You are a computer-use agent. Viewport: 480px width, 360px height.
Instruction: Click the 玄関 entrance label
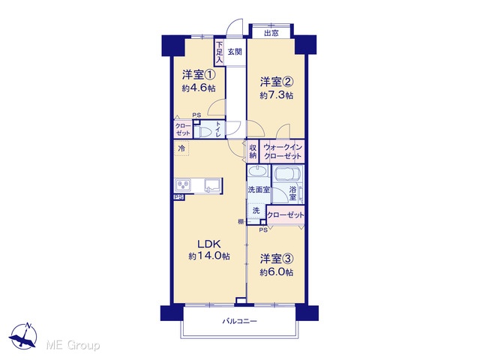click(x=235, y=52)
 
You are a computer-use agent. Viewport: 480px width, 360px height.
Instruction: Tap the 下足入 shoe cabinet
click(x=219, y=52)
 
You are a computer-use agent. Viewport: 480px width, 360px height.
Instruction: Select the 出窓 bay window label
click(x=271, y=33)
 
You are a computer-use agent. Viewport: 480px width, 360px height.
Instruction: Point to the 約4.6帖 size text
click(x=199, y=88)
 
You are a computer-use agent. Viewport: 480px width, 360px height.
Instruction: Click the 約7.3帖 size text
click(x=277, y=95)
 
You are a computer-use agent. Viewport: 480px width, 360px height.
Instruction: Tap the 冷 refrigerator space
click(x=181, y=148)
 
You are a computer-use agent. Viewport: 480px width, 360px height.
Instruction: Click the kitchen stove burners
click(x=183, y=185)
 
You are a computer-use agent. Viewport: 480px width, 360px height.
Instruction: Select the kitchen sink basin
click(x=213, y=185)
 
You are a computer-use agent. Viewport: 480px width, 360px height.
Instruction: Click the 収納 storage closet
click(x=253, y=151)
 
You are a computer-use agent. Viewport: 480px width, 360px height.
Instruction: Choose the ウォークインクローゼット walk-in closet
click(x=282, y=151)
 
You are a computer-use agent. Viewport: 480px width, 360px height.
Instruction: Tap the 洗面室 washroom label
click(x=259, y=190)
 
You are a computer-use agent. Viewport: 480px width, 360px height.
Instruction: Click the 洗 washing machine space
click(x=256, y=211)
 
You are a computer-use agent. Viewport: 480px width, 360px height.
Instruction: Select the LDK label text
click(x=209, y=244)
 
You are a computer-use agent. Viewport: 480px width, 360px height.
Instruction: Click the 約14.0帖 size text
click(x=209, y=256)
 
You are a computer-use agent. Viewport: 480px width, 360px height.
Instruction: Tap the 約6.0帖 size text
click(x=277, y=272)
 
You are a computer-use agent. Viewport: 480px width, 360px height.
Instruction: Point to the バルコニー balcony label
click(x=240, y=322)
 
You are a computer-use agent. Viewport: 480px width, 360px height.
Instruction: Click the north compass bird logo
click(x=23, y=336)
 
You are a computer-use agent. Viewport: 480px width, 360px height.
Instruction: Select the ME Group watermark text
click(x=73, y=346)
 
